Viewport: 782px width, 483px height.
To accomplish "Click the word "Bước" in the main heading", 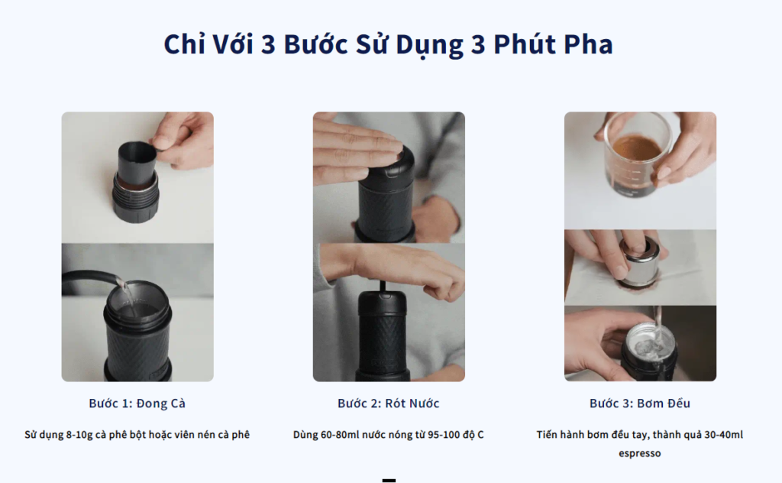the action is click(x=315, y=44).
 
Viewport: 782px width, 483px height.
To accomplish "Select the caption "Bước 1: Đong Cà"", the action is click(x=137, y=404).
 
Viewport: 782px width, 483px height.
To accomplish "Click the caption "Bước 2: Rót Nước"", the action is click(x=389, y=404).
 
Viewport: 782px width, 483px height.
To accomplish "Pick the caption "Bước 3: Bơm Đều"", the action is click(x=640, y=404).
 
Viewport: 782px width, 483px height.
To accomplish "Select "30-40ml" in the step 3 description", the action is click(x=724, y=435).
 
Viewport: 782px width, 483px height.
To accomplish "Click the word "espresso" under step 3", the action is click(x=640, y=453).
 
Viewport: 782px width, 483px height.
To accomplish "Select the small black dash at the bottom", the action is click(x=389, y=481).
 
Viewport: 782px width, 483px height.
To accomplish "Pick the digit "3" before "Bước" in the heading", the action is click(x=268, y=44).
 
